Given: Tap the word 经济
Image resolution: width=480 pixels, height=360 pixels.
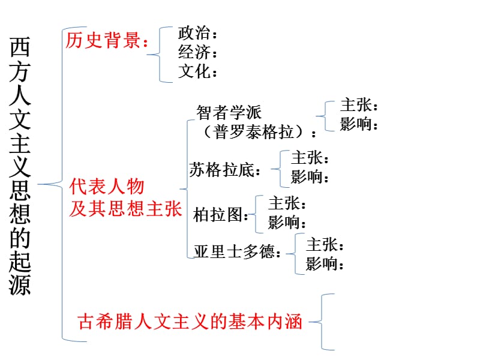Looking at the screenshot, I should (x=194, y=53).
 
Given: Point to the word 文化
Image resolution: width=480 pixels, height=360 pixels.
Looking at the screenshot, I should (x=194, y=72).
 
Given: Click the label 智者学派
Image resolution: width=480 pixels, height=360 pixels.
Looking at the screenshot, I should (x=230, y=112).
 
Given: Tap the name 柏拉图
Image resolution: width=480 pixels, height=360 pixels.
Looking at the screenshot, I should (x=218, y=215).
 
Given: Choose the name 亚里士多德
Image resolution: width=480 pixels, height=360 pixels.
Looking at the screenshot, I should (x=235, y=252).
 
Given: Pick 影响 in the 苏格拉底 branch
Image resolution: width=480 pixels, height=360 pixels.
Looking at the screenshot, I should (x=307, y=178).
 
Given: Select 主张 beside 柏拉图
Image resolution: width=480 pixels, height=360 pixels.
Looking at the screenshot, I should (x=284, y=203).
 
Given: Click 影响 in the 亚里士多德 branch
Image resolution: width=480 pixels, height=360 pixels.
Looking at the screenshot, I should (x=322, y=264).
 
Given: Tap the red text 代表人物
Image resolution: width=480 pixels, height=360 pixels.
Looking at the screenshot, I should (x=107, y=187).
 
